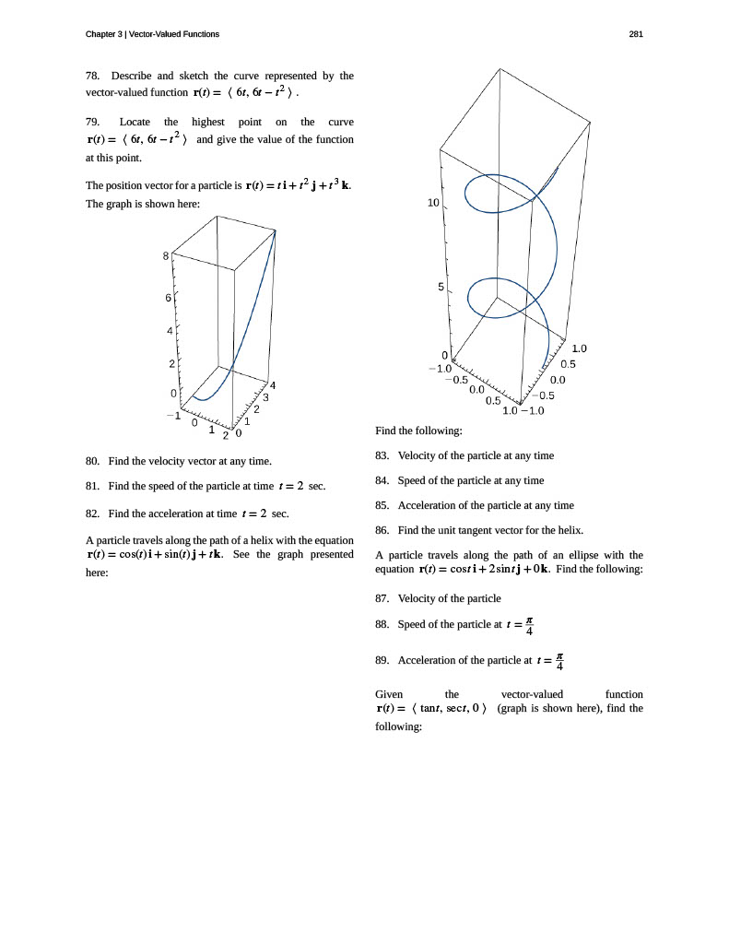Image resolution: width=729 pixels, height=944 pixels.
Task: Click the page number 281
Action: pyautogui.click(x=636, y=34)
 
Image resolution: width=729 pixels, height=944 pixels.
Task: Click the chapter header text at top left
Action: pyautogui.click(x=152, y=34)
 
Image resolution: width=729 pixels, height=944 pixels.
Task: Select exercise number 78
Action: pyautogui.click(x=92, y=76)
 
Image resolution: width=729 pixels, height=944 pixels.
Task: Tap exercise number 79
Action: pyautogui.click(x=92, y=123)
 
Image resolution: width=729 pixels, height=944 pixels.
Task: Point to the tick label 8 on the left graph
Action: pyautogui.click(x=166, y=256)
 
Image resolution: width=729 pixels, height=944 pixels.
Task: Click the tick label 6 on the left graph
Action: pyautogui.click(x=168, y=298)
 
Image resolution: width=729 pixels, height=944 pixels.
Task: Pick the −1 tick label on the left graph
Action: pyautogui.click(x=174, y=416)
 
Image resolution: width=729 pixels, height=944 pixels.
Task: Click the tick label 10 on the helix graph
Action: pyautogui.click(x=433, y=203)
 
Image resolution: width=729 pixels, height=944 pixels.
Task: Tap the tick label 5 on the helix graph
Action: pyautogui.click(x=441, y=288)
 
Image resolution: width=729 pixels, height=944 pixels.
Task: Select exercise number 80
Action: pyautogui.click(x=92, y=461)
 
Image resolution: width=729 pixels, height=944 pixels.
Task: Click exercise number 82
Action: pyautogui.click(x=92, y=513)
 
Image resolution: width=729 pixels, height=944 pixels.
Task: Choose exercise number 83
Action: pyautogui.click(x=382, y=455)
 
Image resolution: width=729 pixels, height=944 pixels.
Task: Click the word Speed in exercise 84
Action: pyautogui.click(x=411, y=481)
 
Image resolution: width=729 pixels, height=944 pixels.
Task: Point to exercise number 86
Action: pyautogui.click(x=382, y=530)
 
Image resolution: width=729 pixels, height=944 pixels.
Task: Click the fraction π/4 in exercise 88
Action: pyautogui.click(x=529, y=626)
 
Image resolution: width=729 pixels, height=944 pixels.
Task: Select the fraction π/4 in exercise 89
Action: pyautogui.click(x=559, y=662)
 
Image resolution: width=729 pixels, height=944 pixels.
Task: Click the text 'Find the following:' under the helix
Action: pyautogui.click(x=419, y=431)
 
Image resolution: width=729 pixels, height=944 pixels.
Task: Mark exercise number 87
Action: pyautogui.click(x=382, y=598)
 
